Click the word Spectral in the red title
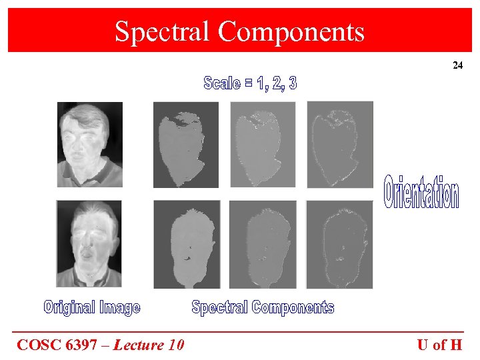point(162,31)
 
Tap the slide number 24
point(457,65)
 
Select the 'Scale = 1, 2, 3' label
point(250,83)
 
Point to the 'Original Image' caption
point(92,307)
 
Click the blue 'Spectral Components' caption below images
point(263,307)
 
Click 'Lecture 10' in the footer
point(148,345)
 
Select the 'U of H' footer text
point(439,345)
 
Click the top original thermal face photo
point(89,144)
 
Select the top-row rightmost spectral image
point(339,145)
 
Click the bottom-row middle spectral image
point(263,245)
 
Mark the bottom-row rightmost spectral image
point(339,245)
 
